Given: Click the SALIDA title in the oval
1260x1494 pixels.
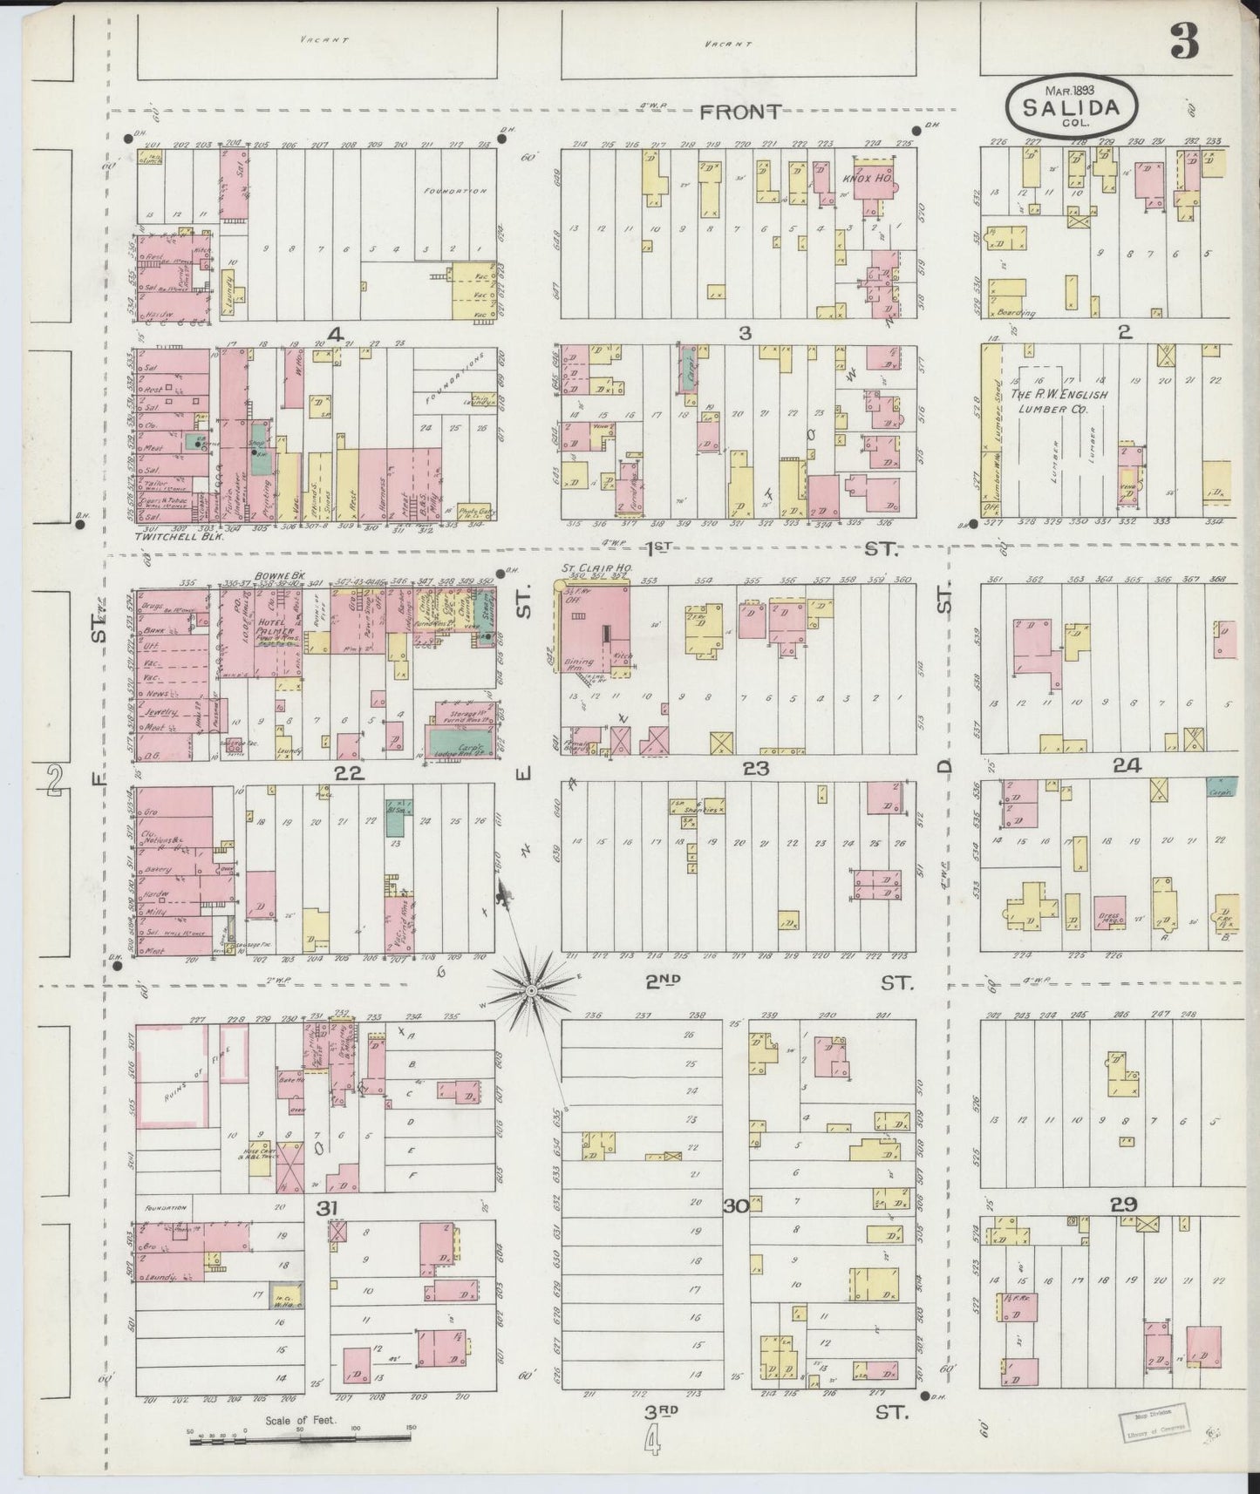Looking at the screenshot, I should point(1072,108).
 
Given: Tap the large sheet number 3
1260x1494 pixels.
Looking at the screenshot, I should point(1184,41).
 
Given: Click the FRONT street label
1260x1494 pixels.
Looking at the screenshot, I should point(741,112).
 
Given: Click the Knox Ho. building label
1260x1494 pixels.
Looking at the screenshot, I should point(861,179).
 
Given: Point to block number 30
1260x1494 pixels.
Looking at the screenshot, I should point(735,1206).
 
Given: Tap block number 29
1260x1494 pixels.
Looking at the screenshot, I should point(1123,1205).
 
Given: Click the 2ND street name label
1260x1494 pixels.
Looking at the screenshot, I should point(663,981).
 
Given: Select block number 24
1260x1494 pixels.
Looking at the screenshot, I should point(1127,766).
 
